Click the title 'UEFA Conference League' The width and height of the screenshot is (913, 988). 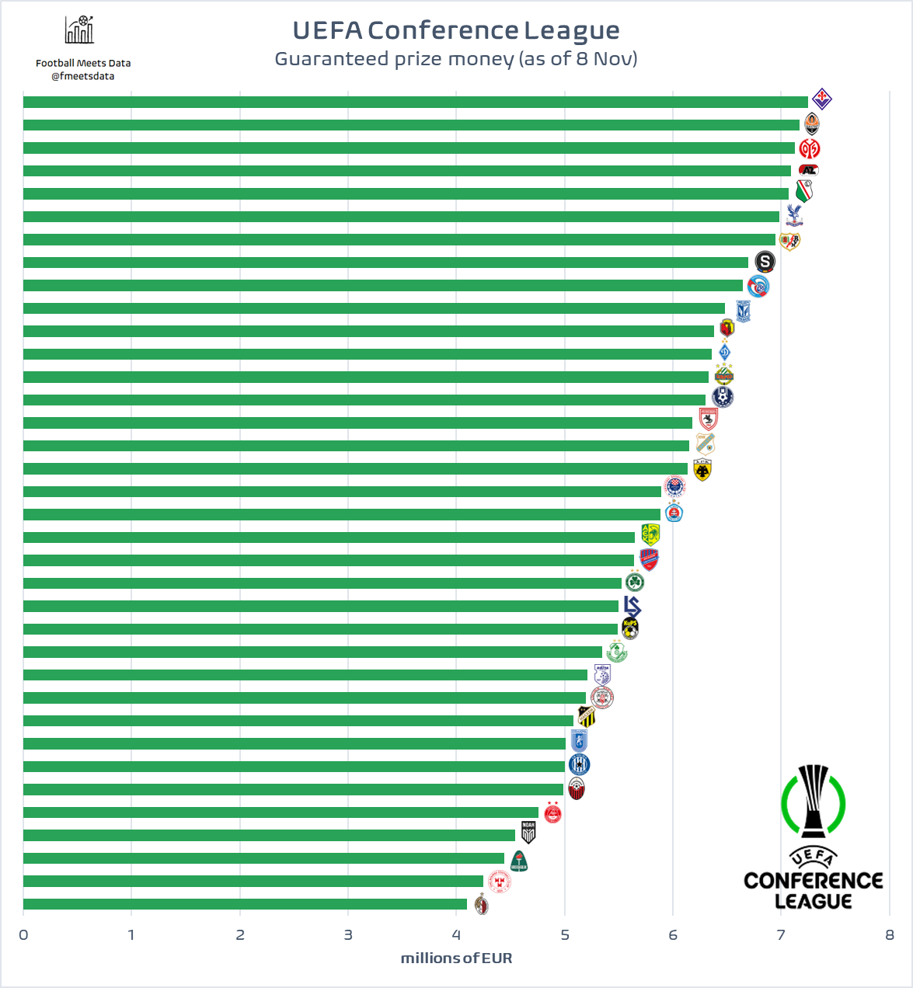point(456,30)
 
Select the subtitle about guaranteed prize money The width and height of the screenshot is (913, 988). point(456,59)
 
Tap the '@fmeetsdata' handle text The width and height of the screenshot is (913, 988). point(83,76)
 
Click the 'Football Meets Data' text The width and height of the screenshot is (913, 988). point(83,63)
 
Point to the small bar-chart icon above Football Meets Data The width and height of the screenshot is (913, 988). point(80,30)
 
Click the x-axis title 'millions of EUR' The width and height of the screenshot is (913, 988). point(456,958)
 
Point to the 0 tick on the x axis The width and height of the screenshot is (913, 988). point(23,934)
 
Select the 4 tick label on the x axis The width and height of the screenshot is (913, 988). point(456,934)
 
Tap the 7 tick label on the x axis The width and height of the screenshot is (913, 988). point(781,934)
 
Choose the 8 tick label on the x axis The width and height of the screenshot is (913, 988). point(890,934)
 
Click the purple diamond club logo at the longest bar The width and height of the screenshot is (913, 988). point(822,99)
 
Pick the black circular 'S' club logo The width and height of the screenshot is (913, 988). point(765,262)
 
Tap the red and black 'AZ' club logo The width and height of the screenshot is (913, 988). point(809,170)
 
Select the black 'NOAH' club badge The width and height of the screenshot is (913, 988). point(528,833)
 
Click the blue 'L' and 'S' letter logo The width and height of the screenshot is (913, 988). point(632,606)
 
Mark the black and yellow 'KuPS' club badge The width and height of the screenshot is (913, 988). point(630,628)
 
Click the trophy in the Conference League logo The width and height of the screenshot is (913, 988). point(814,800)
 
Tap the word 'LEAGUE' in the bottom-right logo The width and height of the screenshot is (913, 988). point(814,901)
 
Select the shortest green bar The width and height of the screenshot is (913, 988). point(245,904)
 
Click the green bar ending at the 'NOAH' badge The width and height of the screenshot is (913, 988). point(269,835)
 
